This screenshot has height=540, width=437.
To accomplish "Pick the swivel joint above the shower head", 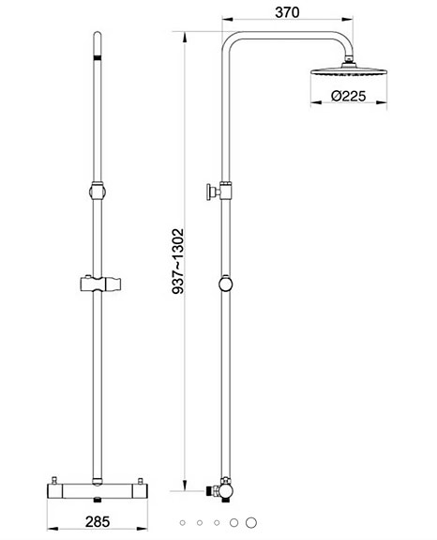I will tap(349, 60).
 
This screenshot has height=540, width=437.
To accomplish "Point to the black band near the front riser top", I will tap(98, 60).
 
